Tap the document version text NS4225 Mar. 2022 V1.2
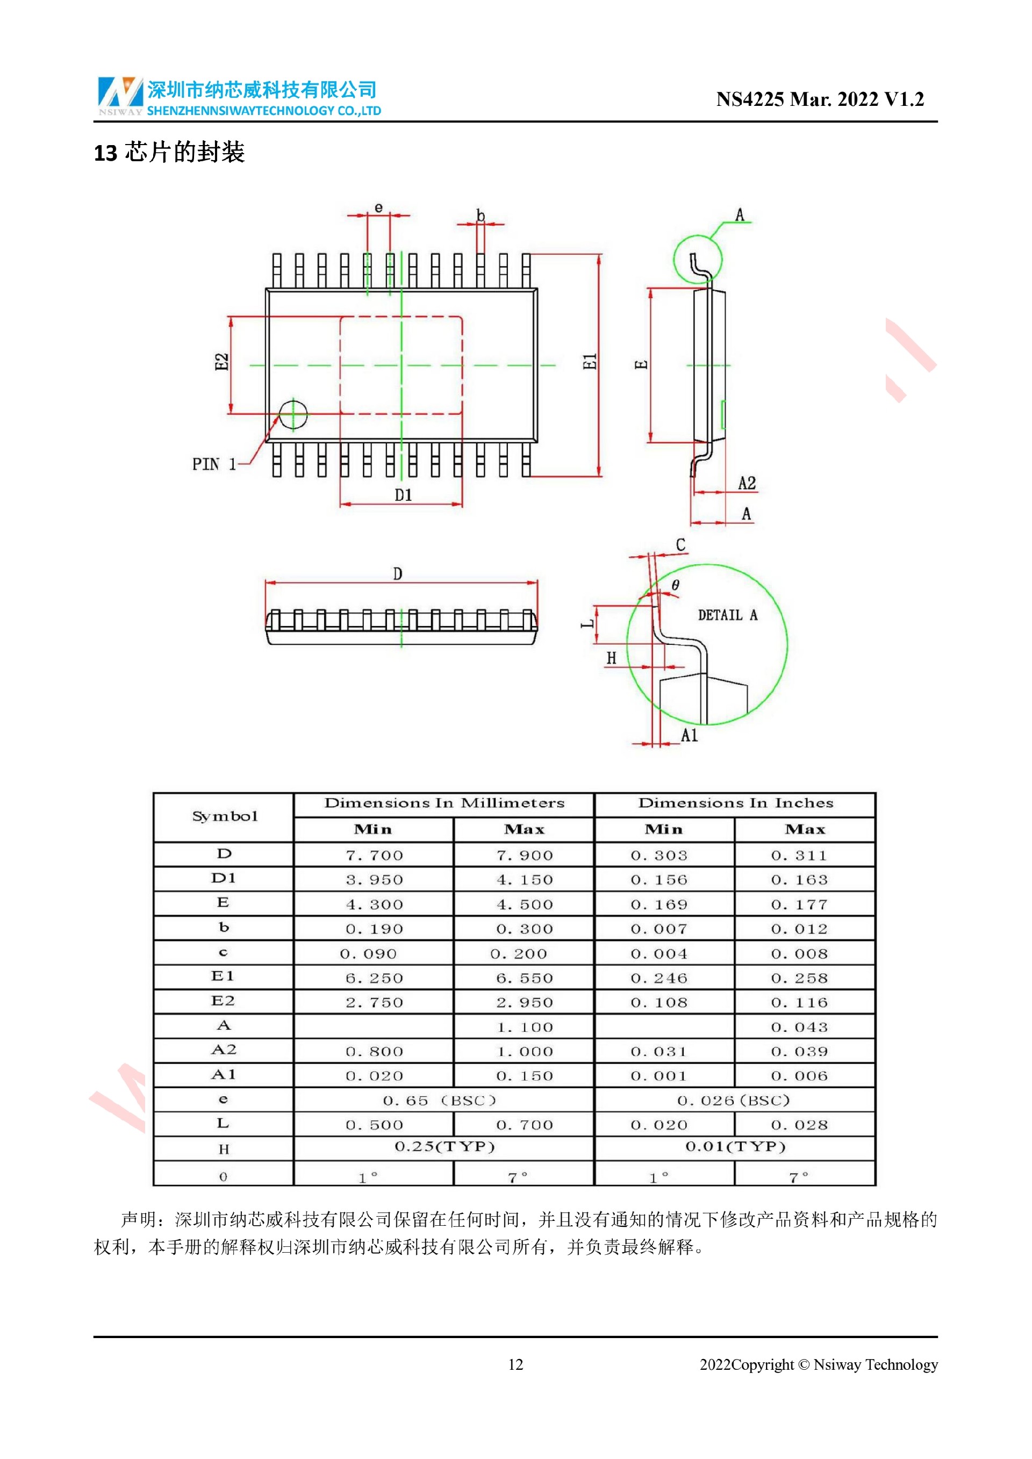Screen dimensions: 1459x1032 point(819,99)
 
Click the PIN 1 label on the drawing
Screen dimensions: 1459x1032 point(214,464)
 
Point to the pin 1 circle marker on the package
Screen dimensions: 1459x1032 point(293,414)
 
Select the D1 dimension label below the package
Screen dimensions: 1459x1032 point(403,495)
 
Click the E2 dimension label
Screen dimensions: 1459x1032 point(221,362)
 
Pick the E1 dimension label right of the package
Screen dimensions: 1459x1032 point(590,362)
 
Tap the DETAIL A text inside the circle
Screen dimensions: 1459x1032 point(727,615)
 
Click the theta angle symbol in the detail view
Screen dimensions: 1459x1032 point(675,585)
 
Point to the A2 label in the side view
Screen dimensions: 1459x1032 point(747,484)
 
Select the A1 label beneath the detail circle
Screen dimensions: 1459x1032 point(689,736)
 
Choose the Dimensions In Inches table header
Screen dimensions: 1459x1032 point(735,803)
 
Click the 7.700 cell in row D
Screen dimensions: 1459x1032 point(374,856)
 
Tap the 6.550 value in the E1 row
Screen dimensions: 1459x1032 point(524,978)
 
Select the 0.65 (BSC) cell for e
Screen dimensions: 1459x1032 point(439,1101)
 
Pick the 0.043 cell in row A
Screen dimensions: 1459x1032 point(799,1027)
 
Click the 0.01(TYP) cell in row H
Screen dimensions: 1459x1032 point(735,1146)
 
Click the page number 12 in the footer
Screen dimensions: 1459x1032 point(515,1365)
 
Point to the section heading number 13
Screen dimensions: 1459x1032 point(105,153)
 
